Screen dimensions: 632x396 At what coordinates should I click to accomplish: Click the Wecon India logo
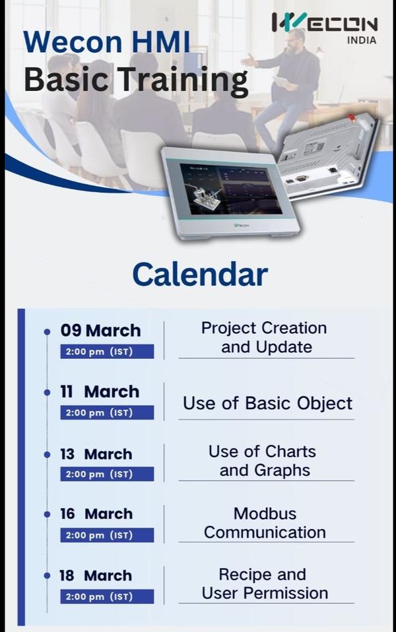(x=324, y=27)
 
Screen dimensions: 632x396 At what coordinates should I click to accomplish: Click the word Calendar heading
(x=200, y=274)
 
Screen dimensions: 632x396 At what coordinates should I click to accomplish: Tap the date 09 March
(x=100, y=331)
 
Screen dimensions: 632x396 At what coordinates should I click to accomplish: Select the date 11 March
(x=100, y=392)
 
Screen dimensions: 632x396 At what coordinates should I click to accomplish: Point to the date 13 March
(x=96, y=455)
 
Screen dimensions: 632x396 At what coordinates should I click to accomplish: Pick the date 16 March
(x=96, y=514)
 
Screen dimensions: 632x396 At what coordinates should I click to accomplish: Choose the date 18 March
(x=96, y=575)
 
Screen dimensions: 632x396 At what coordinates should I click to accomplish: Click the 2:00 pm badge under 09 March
(x=107, y=352)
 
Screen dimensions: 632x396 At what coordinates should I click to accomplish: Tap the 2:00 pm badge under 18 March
(x=107, y=596)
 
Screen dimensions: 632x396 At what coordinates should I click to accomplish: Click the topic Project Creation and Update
(x=265, y=337)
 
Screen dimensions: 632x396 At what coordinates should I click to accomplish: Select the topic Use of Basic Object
(x=267, y=403)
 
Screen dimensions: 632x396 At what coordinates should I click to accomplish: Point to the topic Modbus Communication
(x=265, y=522)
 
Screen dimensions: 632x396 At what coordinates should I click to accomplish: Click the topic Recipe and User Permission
(x=265, y=584)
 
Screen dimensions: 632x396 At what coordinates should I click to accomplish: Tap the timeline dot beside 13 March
(x=48, y=455)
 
